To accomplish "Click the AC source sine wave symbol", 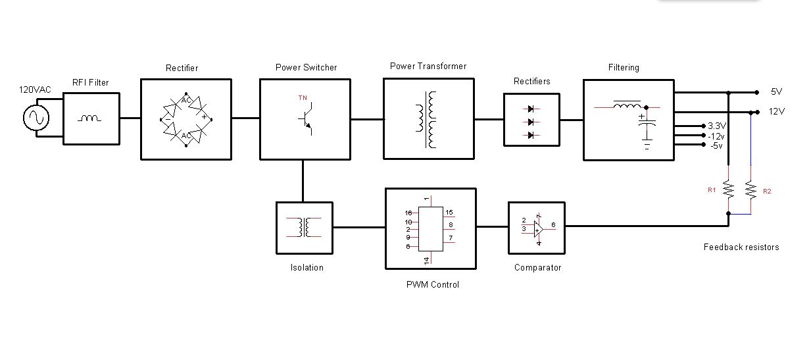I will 36,118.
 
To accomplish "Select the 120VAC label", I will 35,90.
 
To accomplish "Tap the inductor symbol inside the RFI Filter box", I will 90,118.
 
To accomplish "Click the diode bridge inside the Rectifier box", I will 185,119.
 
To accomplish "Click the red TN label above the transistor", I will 303,98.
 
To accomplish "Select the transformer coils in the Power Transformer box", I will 428,119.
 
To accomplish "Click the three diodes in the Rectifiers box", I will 531,122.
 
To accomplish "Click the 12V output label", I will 777,112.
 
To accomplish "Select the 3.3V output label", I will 716,126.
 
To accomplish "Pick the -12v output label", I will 716,136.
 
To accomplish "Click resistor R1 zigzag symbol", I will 728,190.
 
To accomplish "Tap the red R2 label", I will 767,191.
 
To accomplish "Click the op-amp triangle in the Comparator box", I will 538,228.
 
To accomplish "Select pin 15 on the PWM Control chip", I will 449,213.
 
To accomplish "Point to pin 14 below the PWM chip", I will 427,261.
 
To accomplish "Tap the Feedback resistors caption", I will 741,247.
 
